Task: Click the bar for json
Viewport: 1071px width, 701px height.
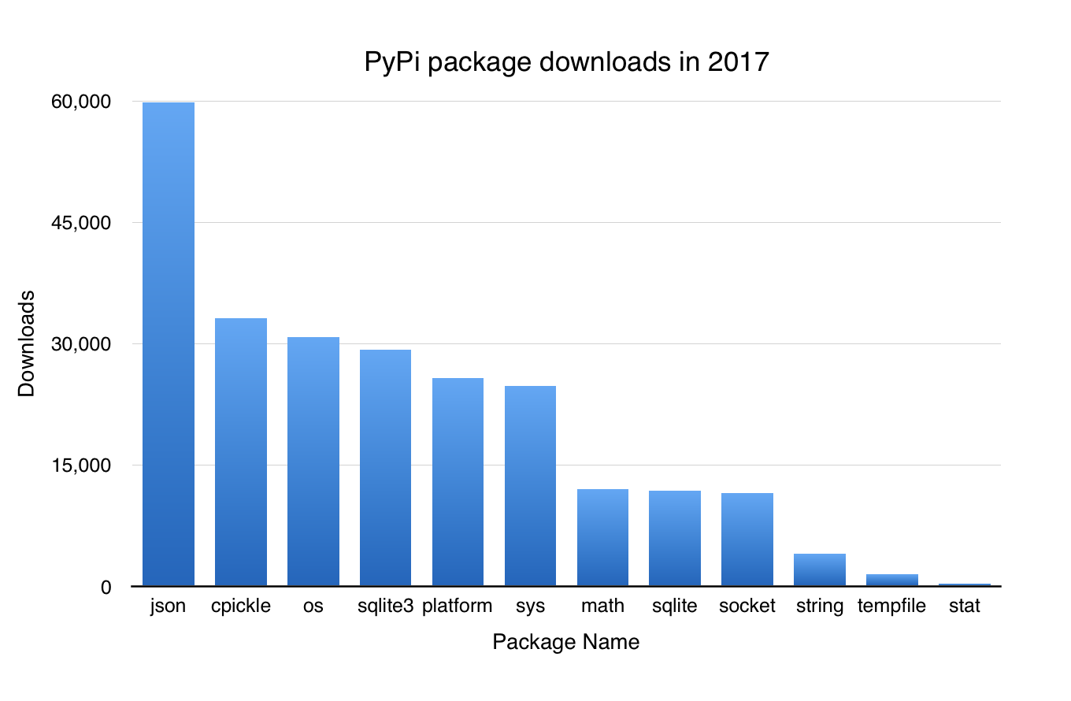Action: pos(168,344)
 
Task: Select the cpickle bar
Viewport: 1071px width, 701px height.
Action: pos(241,452)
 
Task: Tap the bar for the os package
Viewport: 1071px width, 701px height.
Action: pos(313,462)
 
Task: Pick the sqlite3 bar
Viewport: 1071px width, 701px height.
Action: pos(385,468)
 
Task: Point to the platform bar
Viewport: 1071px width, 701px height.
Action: pos(458,482)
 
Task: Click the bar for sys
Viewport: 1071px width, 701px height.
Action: pos(530,486)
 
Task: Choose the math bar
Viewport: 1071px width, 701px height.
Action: pos(602,538)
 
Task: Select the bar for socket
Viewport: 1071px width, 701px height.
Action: pos(747,540)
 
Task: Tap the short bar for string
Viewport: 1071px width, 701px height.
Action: pos(819,570)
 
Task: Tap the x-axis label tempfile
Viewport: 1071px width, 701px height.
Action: pos(891,606)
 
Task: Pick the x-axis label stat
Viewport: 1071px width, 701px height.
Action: pos(964,606)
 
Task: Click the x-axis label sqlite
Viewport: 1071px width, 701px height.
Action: pos(675,606)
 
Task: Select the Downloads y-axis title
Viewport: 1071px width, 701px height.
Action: pos(27,343)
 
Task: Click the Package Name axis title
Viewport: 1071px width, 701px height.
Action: pos(565,642)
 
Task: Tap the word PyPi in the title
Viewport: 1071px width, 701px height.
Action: pos(391,62)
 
